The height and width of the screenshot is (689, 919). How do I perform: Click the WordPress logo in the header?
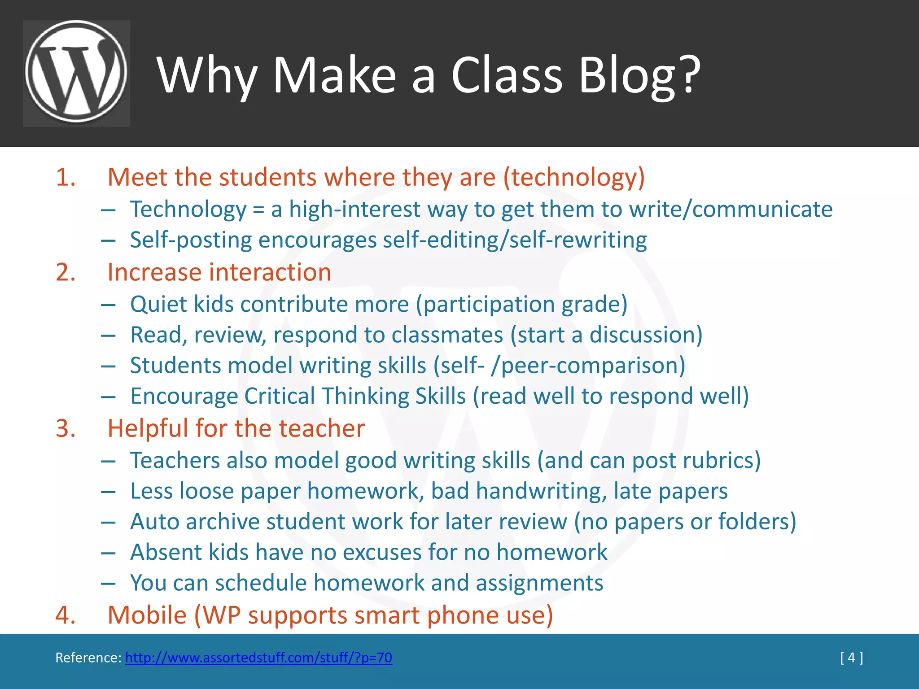tap(76, 73)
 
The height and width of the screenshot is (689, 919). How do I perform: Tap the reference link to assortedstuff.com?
tap(258, 658)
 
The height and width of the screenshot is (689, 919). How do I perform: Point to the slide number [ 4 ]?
tap(851, 658)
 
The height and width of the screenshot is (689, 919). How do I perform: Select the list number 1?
tap(66, 177)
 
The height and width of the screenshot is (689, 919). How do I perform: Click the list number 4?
tap(66, 615)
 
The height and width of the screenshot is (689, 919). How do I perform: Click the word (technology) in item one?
tap(574, 177)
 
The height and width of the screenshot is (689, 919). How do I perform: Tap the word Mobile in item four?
tap(147, 615)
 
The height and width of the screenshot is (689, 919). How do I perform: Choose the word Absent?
tap(166, 552)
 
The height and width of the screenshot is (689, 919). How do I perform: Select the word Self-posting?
tap(191, 240)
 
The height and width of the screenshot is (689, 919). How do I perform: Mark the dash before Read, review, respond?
tap(108, 336)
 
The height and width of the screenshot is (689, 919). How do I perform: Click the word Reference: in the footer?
tap(88, 658)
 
